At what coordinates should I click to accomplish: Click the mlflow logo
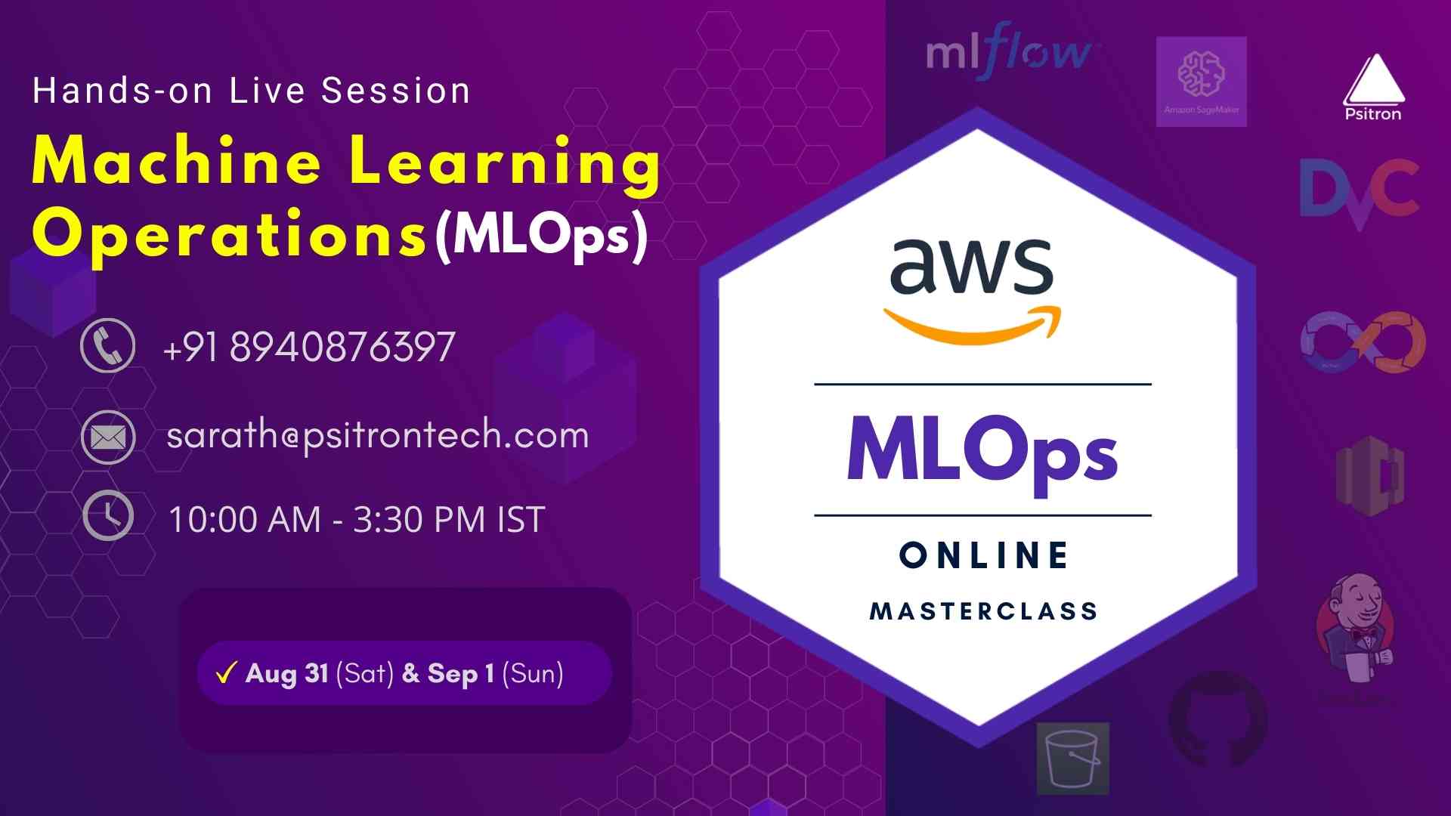tap(1009, 51)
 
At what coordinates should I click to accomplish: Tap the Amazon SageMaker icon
tap(1201, 81)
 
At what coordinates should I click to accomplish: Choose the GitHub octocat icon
tap(1217, 718)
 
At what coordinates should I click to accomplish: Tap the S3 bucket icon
tap(1072, 758)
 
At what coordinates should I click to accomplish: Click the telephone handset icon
tap(108, 346)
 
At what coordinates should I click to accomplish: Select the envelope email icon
tap(108, 437)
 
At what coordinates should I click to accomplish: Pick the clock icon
tap(108, 516)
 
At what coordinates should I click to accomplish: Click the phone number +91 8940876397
tap(309, 347)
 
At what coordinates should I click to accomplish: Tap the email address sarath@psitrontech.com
tap(377, 436)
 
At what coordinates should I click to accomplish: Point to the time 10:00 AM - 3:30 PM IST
tap(356, 520)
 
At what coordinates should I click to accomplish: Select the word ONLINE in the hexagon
tap(983, 555)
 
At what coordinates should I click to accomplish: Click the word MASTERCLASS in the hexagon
tap(983, 610)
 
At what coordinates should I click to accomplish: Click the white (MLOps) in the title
tap(541, 236)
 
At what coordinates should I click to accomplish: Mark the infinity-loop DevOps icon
tap(1363, 342)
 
